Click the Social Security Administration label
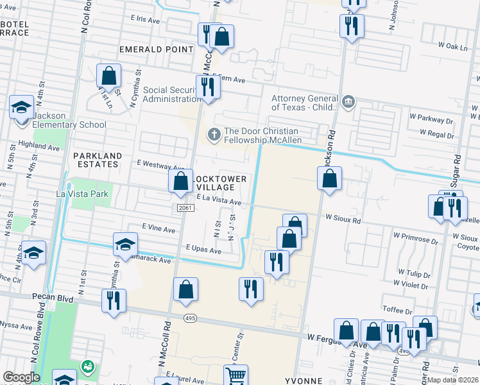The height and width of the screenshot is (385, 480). [x=172, y=94]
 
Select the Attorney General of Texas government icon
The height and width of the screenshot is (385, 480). [x=348, y=101]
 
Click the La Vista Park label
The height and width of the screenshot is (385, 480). [x=83, y=193]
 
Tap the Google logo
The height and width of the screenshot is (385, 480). [x=21, y=377]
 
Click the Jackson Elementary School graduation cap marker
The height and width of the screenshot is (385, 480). [x=21, y=107]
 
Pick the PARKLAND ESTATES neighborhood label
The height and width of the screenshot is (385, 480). [x=97, y=160]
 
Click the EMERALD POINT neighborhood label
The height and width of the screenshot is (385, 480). [x=156, y=49]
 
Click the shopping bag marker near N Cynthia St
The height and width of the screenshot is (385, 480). [x=109, y=76]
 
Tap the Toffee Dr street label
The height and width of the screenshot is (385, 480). [x=397, y=309]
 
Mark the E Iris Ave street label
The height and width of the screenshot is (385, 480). [x=145, y=20]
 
